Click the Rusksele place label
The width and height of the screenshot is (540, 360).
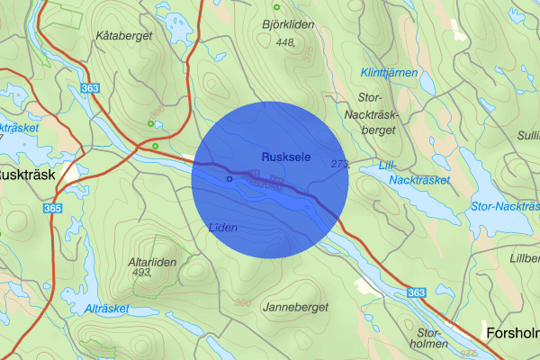click(x=286, y=157)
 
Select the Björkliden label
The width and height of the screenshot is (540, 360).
click(x=289, y=25)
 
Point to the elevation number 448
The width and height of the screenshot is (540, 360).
click(x=287, y=42)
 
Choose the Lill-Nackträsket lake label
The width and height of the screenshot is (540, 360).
click(x=419, y=173)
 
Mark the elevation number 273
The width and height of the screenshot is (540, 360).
click(x=340, y=164)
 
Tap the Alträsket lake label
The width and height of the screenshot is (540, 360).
click(x=106, y=308)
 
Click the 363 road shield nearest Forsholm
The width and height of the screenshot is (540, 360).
click(x=415, y=292)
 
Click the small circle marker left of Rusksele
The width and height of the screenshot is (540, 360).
click(x=229, y=179)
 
